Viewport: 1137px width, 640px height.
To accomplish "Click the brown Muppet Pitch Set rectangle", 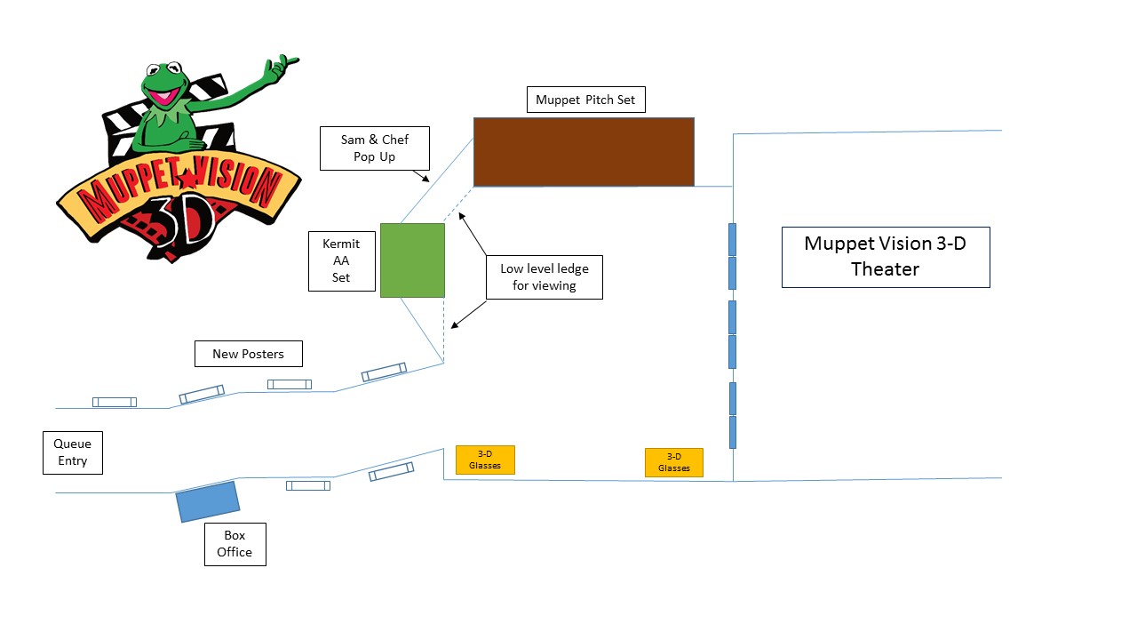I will [584, 152].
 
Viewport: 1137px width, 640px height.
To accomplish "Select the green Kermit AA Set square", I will [412, 260].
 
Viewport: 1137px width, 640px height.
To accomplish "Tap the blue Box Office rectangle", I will [208, 501].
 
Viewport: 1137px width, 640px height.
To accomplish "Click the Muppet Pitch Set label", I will [585, 100].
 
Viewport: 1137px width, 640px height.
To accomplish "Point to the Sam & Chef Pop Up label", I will [375, 148].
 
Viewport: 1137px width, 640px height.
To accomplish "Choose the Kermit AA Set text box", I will [341, 261].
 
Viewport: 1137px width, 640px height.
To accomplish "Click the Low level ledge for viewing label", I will [545, 277].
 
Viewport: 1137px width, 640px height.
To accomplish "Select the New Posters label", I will [249, 354].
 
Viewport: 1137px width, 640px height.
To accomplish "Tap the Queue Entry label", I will [73, 452].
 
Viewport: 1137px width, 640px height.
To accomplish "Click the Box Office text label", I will [235, 544].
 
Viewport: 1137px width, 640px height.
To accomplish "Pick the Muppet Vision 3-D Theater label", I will [885, 256].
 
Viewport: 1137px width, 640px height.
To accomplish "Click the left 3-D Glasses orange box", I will [485, 460].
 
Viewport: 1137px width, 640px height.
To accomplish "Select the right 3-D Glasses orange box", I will [673, 462].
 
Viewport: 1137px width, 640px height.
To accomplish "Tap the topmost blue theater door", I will [733, 239].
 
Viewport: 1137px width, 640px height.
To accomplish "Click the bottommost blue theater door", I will [733, 432].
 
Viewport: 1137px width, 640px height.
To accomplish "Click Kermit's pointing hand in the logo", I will [282, 65].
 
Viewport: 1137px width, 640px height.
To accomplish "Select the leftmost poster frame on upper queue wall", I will [115, 402].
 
